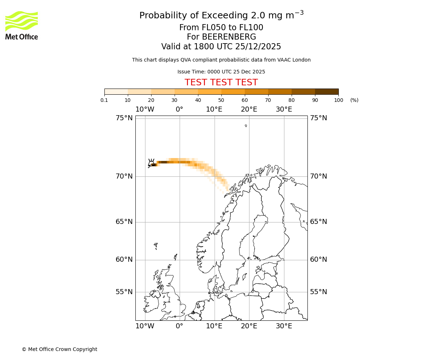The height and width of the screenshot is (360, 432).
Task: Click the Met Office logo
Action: tap(22, 25)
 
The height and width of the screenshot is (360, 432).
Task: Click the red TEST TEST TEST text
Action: tap(221, 82)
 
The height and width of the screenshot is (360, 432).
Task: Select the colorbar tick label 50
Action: tap(221, 100)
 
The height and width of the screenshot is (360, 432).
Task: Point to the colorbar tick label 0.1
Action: tap(104, 100)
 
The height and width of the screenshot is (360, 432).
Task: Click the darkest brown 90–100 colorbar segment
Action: tap(327, 91)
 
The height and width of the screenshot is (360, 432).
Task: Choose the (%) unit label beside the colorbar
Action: tap(354, 100)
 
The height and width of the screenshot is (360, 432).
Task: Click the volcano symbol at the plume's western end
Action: tap(152, 163)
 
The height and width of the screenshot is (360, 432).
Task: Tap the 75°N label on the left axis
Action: tap(124, 118)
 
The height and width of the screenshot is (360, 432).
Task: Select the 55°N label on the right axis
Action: tap(319, 292)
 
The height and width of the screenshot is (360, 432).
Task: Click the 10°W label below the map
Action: tap(145, 326)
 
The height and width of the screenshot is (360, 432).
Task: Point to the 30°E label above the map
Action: tap(284, 109)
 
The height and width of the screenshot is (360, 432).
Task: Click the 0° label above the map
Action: tap(179, 109)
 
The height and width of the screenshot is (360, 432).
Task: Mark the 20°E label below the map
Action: tap(249, 326)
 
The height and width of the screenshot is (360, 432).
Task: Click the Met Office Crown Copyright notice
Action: tap(59, 349)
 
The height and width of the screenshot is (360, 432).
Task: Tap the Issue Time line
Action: tap(221, 72)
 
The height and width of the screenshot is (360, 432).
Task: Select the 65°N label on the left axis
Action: tap(124, 222)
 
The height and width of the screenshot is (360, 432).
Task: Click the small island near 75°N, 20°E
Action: tap(246, 126)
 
